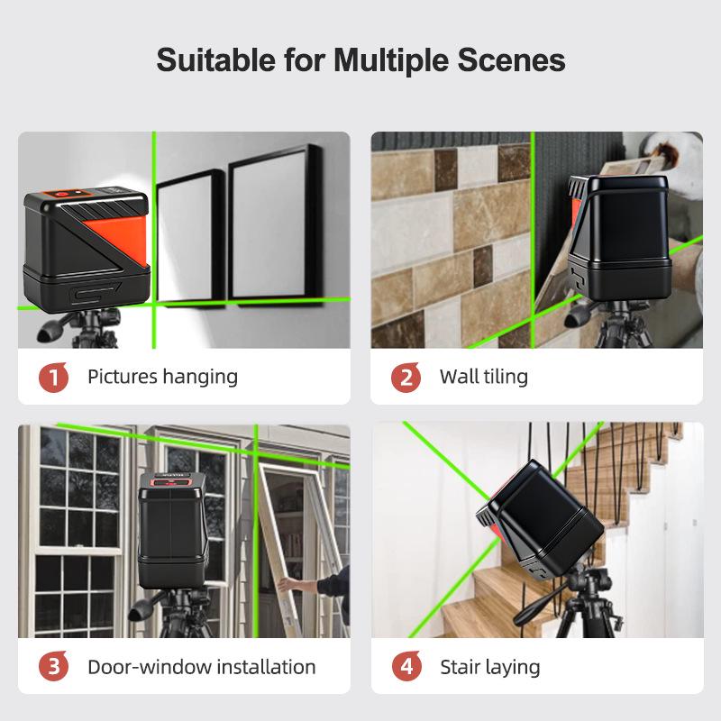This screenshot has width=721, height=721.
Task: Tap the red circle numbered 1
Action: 54,377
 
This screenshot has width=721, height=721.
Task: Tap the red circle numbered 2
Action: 406,377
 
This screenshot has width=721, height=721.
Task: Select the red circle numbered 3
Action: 54,668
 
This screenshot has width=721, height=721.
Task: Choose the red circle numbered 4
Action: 406,668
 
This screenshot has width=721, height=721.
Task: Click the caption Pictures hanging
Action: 162,377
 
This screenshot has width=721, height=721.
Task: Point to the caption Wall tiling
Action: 483,377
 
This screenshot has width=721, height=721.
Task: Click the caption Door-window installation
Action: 201,668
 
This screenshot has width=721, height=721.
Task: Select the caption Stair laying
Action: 489,668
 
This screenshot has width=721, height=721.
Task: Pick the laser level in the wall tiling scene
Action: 618,237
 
